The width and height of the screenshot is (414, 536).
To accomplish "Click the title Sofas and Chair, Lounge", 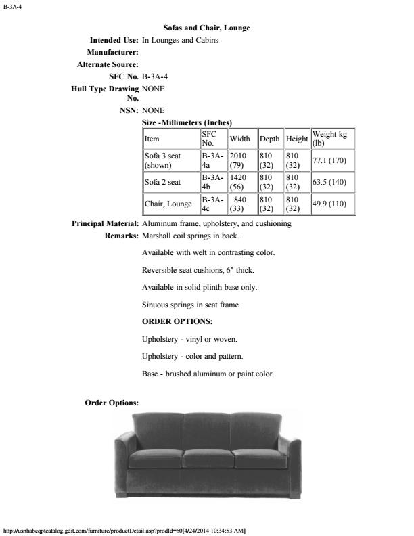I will point(206,28).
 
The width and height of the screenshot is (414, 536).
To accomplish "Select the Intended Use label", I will point(110,40).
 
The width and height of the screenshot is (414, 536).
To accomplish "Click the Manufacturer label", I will point(113,52).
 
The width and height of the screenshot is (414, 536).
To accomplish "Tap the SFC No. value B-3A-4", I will point(156,76).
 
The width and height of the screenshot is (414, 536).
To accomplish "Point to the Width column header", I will point(239,139).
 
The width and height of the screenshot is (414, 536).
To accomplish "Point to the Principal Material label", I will point(106,223).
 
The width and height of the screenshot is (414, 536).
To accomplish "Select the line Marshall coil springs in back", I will point(191,236).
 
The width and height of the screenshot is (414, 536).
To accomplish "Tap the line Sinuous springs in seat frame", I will point(190,305).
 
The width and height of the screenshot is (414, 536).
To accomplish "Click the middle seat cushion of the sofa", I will point(208,458).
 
